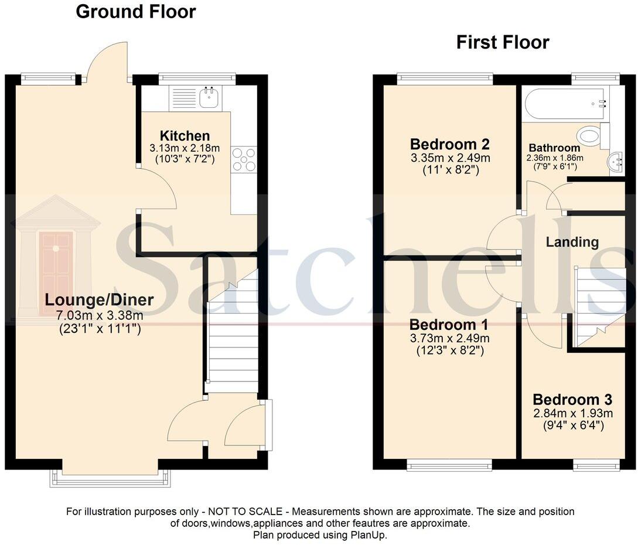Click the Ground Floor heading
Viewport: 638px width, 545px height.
point(136,12)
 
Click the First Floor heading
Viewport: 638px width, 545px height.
point(503,42)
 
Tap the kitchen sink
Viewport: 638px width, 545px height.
point(208,98)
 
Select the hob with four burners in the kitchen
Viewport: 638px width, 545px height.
point(244,159)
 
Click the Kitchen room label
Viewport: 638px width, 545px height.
point(185,136)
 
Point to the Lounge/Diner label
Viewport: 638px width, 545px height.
point(100,300)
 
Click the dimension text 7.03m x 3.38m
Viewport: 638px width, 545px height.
point(100,315)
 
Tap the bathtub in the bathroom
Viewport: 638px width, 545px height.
point(565,104)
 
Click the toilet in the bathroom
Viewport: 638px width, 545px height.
point(593,136)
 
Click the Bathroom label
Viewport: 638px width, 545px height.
point(554,148)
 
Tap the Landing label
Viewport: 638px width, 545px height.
point(572,242)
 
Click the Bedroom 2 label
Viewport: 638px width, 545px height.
point(449,144)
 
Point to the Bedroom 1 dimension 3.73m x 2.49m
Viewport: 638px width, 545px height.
point(449,338)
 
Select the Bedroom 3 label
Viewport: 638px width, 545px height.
point(572,400)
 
